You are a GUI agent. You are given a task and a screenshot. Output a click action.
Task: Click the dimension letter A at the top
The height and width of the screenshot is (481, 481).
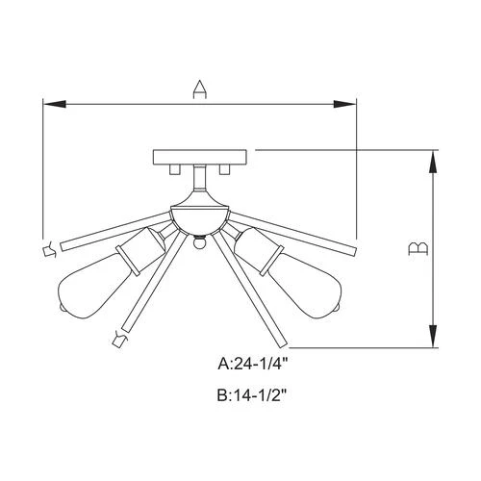coord(199,89)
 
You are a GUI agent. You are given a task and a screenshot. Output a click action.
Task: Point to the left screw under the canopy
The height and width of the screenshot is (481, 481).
coord(176,169)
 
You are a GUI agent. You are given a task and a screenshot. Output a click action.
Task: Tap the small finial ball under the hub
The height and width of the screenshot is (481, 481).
coord(200,243)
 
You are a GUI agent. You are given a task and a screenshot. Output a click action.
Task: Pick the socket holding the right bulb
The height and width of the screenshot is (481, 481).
coord(258,246)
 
